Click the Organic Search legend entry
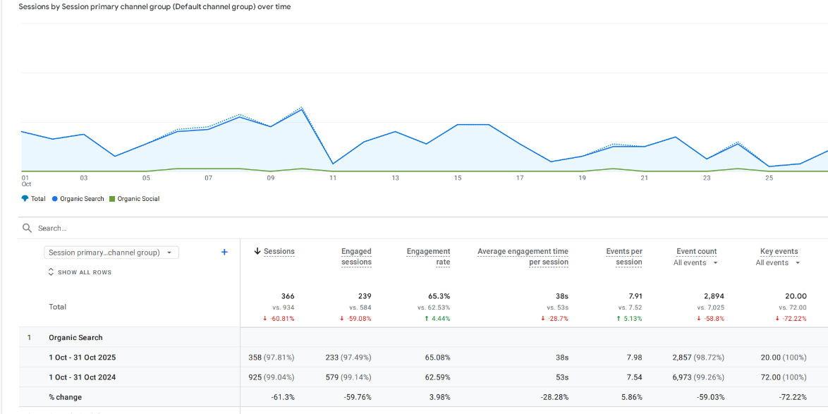(78, 199)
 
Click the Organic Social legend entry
(135, 199)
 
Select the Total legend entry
(34, 199)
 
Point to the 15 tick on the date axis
(458, 178)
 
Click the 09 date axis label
(271, 178)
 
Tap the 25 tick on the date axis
(769, 178)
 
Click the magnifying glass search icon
(28, 229)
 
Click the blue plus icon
(224, 252)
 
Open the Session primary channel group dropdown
(111, 252)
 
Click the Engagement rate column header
(428, 257)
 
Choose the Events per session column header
(624, 257)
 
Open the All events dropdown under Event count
(695, 263)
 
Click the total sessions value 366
(287, 296)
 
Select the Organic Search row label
(75, 338)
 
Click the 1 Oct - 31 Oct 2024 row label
(82, 377)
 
